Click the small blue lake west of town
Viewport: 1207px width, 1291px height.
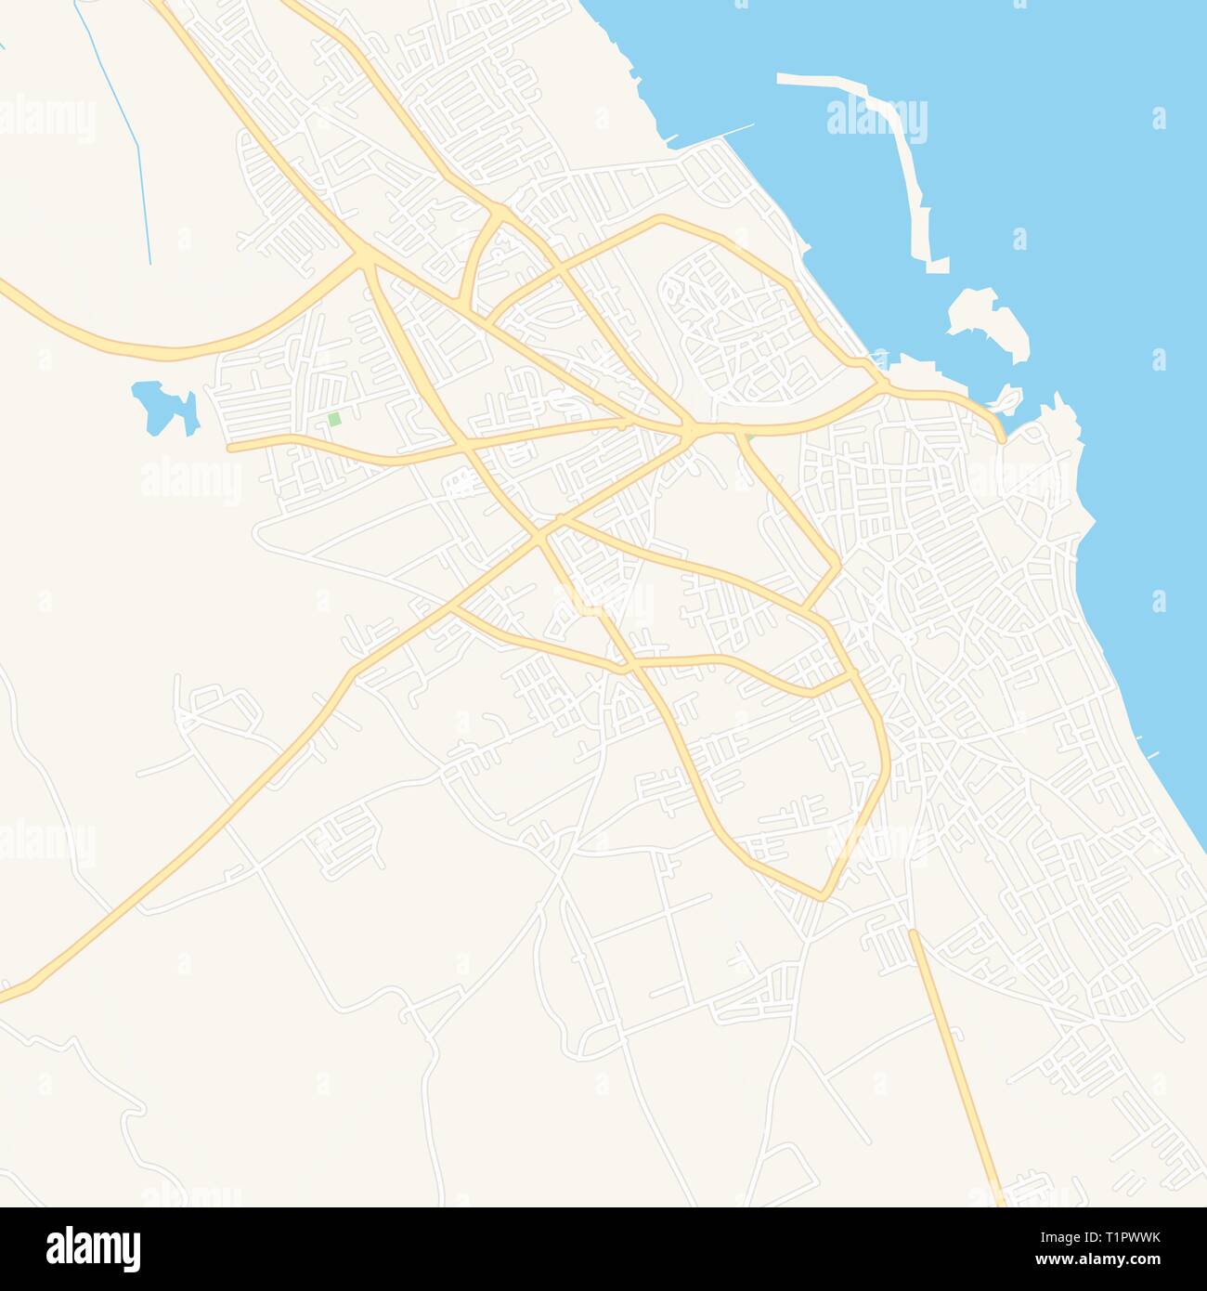162,407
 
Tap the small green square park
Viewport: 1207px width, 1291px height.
334,420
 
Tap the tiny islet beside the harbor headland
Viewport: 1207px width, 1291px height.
1006,402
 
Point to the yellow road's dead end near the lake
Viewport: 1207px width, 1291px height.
230,447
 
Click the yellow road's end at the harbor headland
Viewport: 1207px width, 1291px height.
1000,438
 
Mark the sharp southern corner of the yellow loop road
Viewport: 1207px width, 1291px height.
821,897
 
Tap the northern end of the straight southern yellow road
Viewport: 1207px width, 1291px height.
912,932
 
